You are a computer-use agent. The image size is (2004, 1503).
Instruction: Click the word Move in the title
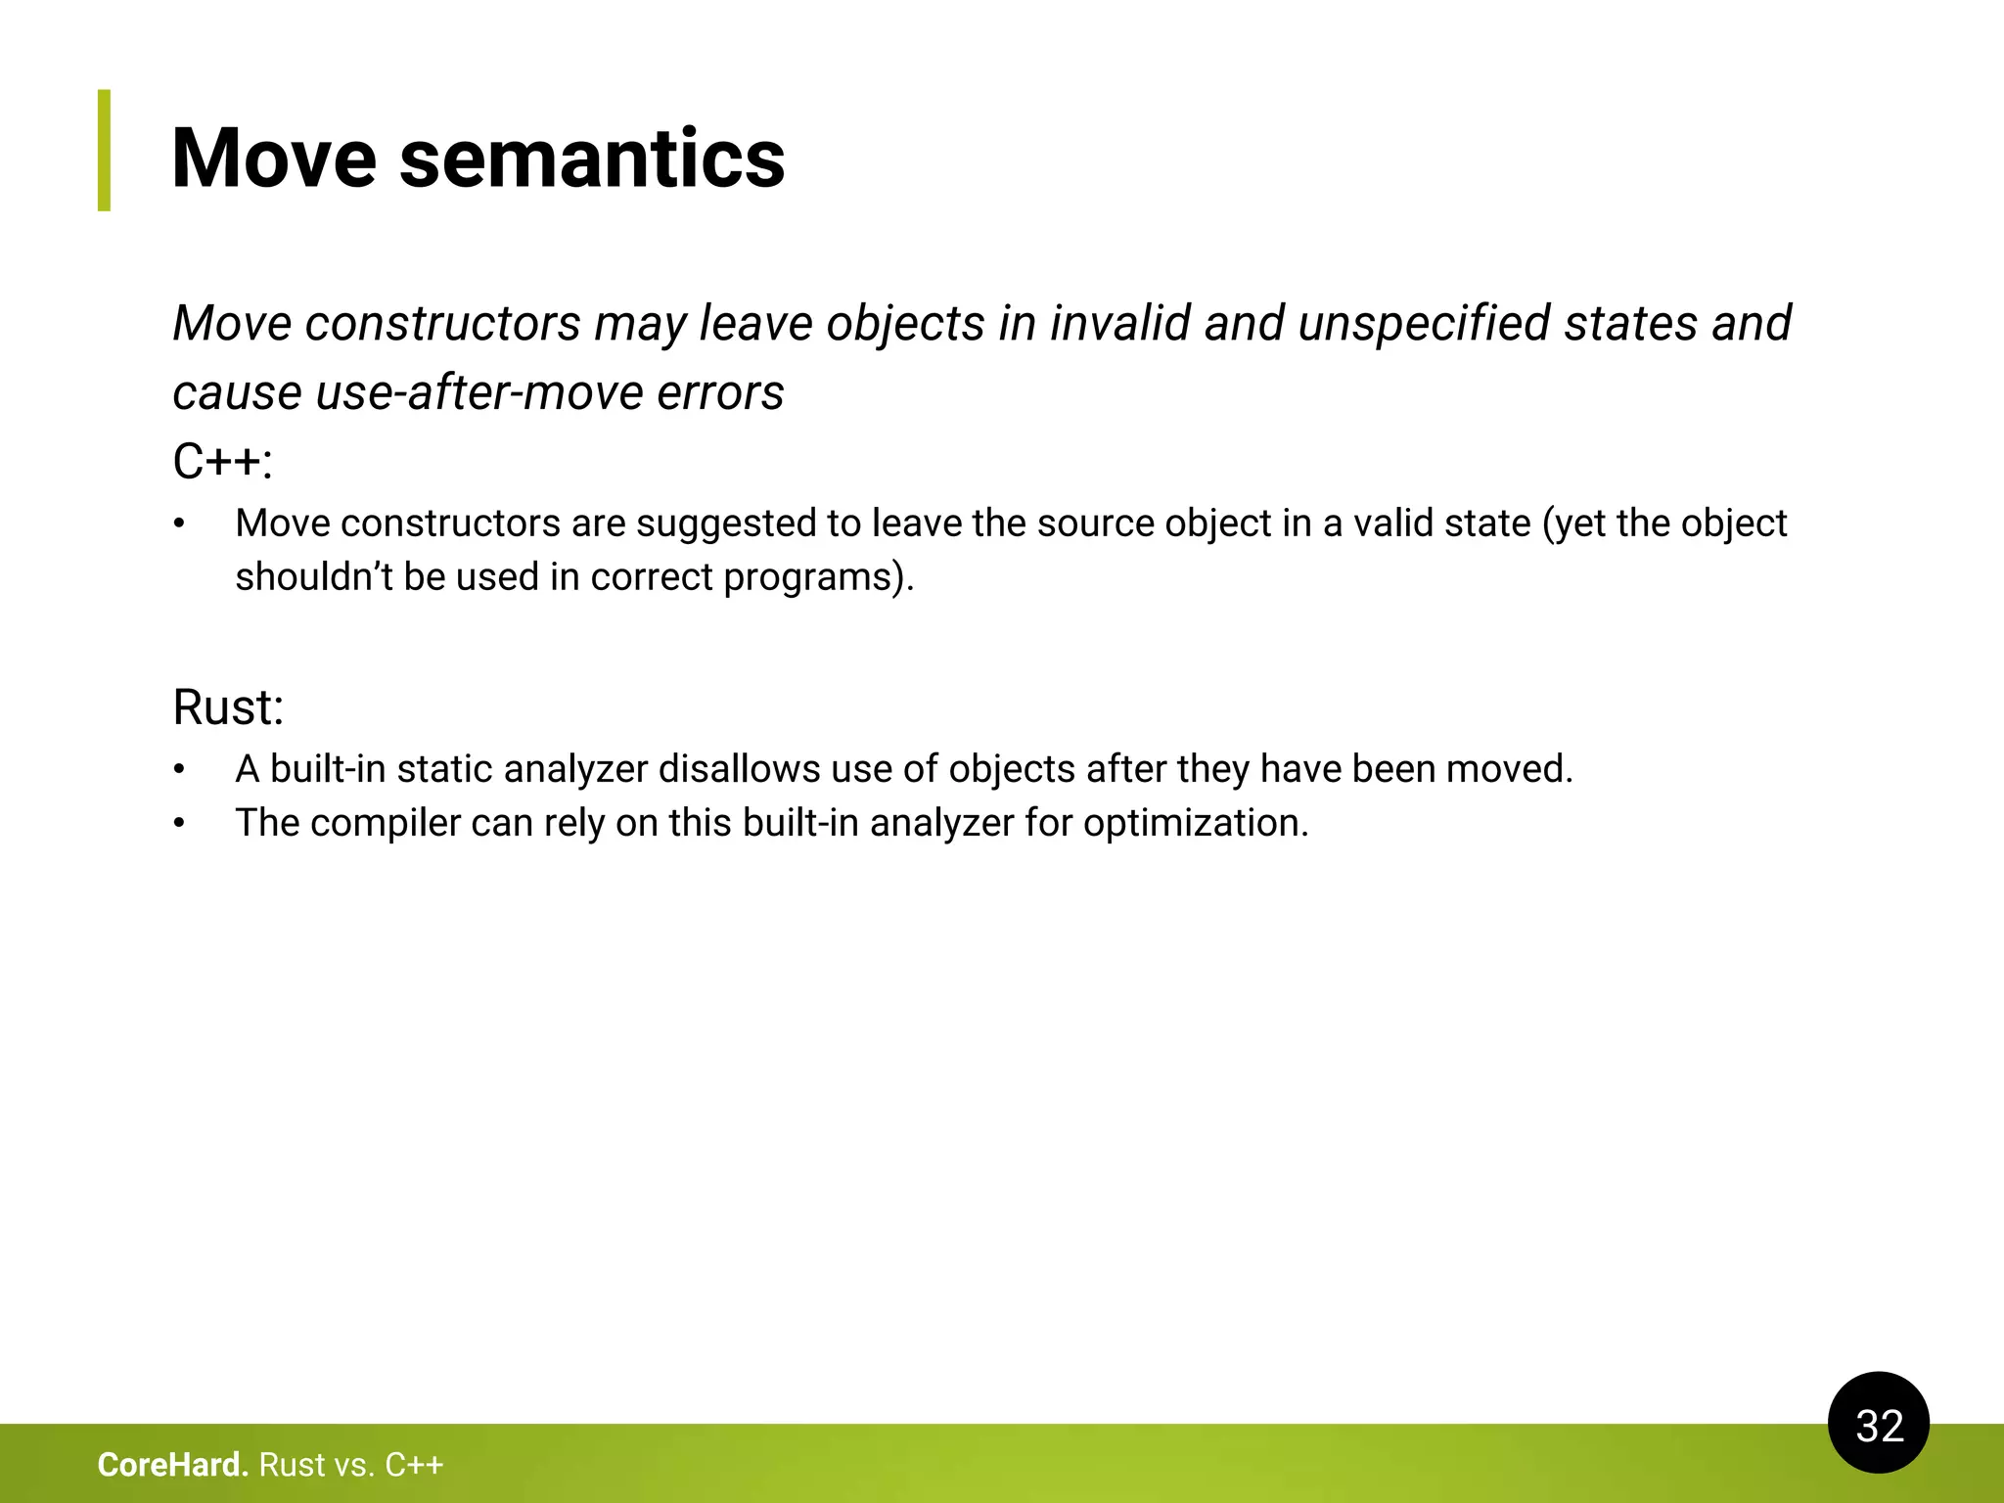click(x=274, y=159)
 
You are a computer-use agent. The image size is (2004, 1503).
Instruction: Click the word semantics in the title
click(x=592, y=159)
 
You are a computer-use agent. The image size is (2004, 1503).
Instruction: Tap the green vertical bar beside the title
click(x=104, y=150)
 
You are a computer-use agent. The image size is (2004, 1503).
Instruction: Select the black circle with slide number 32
click(x=1878, y=1424)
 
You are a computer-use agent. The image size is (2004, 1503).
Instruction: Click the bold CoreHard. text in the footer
click(x=173, y=1465)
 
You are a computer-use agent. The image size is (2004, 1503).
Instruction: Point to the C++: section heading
click(x=222, y=462)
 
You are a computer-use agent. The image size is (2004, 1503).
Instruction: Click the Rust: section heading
click(x=228, y=706)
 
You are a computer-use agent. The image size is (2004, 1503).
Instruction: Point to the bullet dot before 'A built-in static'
click(x=179, y=770)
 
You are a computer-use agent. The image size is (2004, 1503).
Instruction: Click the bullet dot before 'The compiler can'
click(x=179, y=824)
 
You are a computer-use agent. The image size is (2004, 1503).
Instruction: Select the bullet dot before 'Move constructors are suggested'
click(x=179, y=524)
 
